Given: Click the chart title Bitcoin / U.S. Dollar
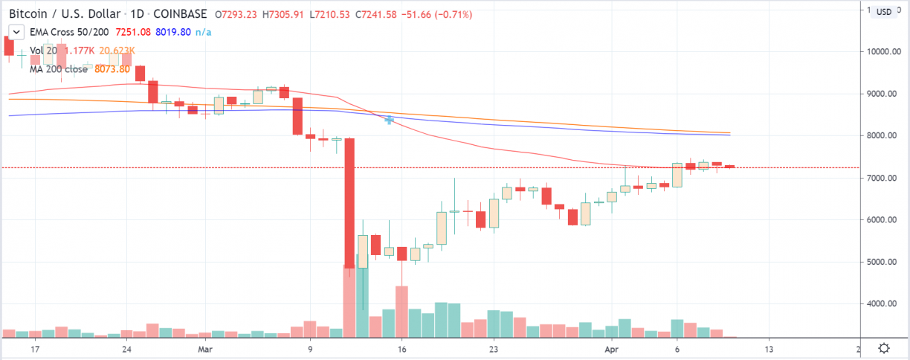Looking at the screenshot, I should [x=64, y=13].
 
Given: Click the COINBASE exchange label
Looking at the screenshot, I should [x=174, y=13].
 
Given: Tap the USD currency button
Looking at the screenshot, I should [x=883, y=12].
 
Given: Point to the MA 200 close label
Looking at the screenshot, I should [x=60, y=68].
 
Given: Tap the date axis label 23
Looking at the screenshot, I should [x=493, y=347].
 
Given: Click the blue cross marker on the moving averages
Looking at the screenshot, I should [x=389, y=120].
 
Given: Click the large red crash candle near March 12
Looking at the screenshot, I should [x=348, y=201].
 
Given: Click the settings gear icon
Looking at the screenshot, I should [x=884, y=347].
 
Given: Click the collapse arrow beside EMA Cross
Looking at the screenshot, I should [x=13, y=32].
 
